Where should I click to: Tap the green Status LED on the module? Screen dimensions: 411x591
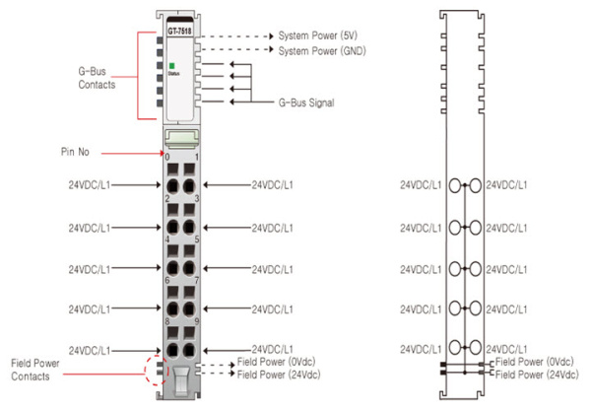(171, 65)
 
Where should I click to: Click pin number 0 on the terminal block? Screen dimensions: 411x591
(167, 158)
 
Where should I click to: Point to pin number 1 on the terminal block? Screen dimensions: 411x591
(198, 158)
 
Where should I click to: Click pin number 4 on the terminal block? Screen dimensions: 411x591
(167, 239)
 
